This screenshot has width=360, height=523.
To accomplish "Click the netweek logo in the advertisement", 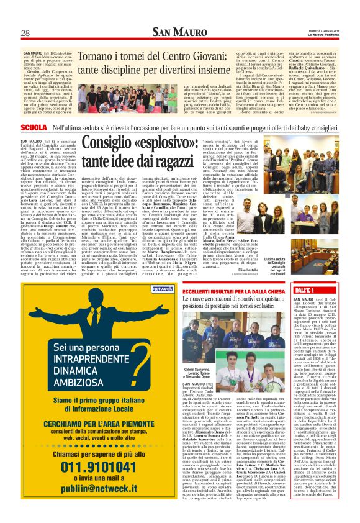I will pyautogui.click(x=143, y=289).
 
